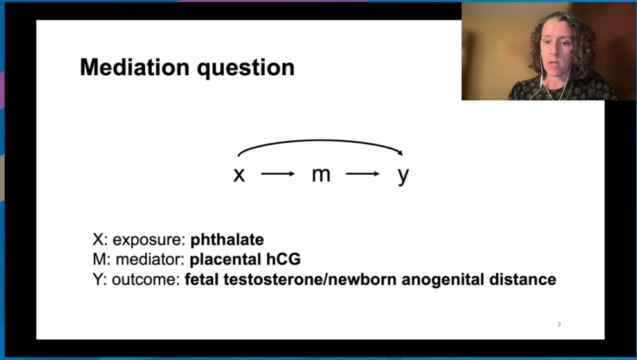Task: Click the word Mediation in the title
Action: coord(135,67)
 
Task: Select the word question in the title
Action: coord(246,68)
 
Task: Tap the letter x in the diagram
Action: coord(239,175)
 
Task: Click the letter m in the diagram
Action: coord(321,175)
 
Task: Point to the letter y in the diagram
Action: coord(404,176)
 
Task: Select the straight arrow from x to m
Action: coord(278,174)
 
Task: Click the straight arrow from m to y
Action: coord(363,174)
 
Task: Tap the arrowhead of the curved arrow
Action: coord(400,153)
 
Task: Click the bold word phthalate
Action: coord(227,240)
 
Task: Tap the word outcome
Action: coord(146,280)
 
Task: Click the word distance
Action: coord(523,279)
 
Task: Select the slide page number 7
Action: coord(559,325)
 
